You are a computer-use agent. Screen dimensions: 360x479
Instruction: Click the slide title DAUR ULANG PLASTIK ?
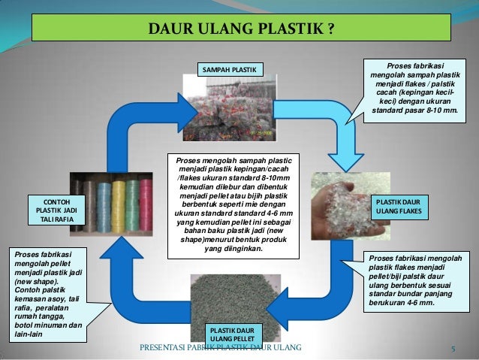coord(240,31)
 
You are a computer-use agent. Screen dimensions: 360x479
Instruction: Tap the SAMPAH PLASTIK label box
coord(227,71)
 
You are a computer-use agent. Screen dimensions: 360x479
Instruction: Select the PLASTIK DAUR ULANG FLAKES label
coord(402,207)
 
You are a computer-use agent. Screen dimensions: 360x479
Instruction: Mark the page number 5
coord(453,349)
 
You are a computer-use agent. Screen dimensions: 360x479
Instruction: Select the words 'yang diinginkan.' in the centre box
coord(233,250)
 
